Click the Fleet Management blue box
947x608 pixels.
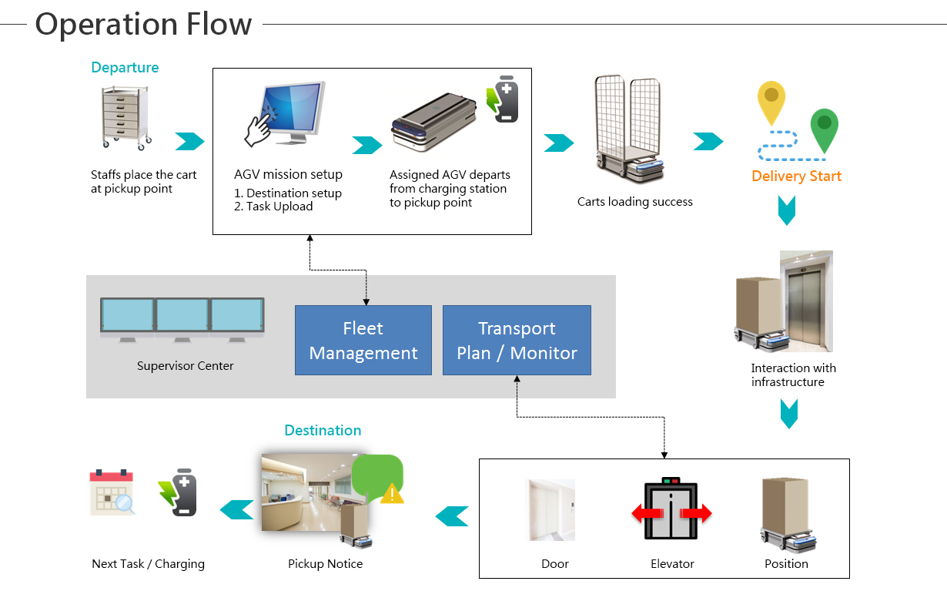[x=363, y=340]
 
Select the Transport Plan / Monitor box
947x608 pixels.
[x=517, y=340]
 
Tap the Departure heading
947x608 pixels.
[x=125, y=67]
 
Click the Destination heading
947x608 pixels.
[x=323, y=430]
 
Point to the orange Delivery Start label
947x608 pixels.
[x=797, y=176]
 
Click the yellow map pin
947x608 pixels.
[x=771, y=102]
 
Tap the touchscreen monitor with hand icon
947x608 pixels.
[x=286, y=113]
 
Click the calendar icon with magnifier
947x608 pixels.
[x=112, y=492]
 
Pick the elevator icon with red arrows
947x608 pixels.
[x=671, y=509]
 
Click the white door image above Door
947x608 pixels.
[x=550, y=510]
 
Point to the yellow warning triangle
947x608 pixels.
[x=393, y=493]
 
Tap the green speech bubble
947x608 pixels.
[x=376, y=475]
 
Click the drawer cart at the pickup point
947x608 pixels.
[x=126, y=118]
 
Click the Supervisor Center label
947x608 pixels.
[x=186, y=365]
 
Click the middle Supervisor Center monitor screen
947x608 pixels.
[x=182, y=314]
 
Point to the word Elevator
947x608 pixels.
[x=672, y=563]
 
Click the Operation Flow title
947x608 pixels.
[x=143, y=24]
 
